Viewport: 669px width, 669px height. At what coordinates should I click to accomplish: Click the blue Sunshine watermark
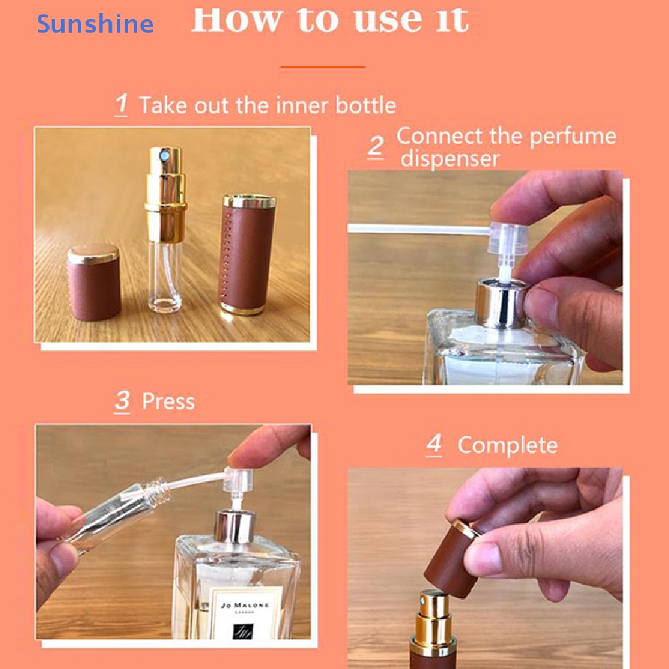(x=95, y=24)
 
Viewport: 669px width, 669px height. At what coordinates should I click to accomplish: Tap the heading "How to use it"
(x=329, y=20)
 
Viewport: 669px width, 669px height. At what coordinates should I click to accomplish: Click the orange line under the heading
(x=323, y=67)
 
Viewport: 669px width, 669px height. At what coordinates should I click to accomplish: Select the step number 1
(x=122, y=105)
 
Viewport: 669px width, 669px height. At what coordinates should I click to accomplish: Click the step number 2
(x=375, y=146)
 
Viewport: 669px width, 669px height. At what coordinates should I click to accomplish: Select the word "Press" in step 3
(x=168, y=400)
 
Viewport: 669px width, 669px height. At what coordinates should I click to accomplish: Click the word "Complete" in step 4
(x=507, y=445)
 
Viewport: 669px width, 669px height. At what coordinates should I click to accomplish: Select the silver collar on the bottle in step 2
(x=500, y=295)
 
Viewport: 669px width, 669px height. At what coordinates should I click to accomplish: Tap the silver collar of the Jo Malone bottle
(x=233, y=526)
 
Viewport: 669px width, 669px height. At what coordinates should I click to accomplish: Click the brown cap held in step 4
(x=452, y=559)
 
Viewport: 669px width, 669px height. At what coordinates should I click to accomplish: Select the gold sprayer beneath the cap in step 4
(x=430, y=621)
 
